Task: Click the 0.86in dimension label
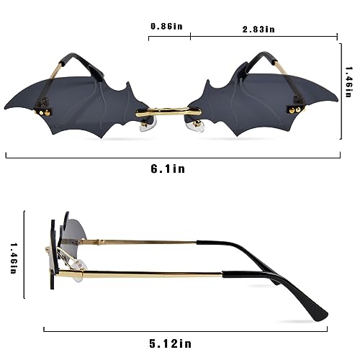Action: [166, 27]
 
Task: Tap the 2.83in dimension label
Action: [261, 29]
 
